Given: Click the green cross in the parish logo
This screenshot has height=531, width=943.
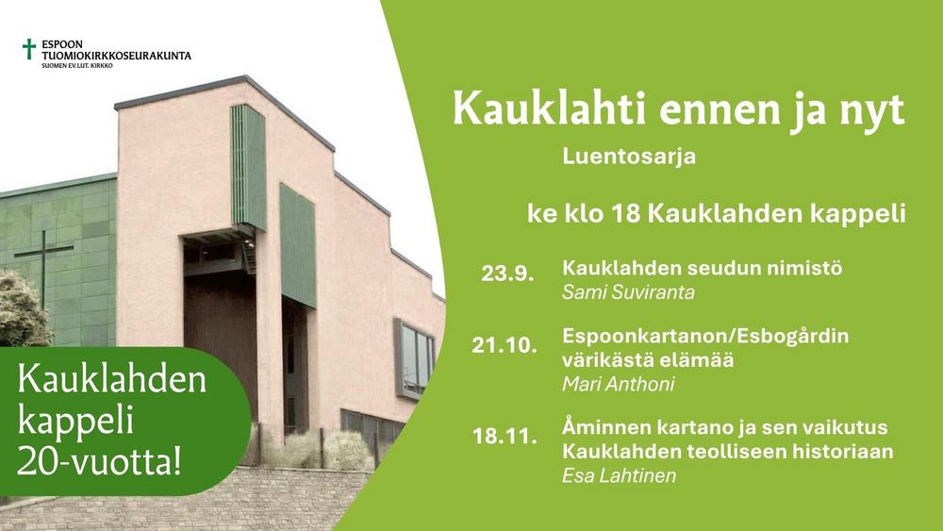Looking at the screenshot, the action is (29, 49).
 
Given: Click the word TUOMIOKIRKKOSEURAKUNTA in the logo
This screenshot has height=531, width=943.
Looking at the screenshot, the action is (117, 56).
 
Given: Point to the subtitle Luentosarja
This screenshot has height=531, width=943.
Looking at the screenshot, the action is (629, 157).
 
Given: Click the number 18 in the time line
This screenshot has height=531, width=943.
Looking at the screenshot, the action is (625, 213).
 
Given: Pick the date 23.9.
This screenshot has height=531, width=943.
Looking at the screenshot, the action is (507, 274).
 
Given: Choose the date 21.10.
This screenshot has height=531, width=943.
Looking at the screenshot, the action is (504, 345).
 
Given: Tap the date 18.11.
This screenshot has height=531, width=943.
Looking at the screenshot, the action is (505, 436).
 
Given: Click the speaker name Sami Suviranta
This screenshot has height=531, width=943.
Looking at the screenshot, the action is (628, 292).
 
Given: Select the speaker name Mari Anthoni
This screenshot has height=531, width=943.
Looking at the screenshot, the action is (619, 384).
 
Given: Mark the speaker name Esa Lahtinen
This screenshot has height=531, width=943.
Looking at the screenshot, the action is (619, 475).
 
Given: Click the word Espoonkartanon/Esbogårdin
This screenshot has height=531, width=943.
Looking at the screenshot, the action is (705, 336).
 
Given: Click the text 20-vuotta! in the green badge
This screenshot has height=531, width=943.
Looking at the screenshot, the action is (99, 462).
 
